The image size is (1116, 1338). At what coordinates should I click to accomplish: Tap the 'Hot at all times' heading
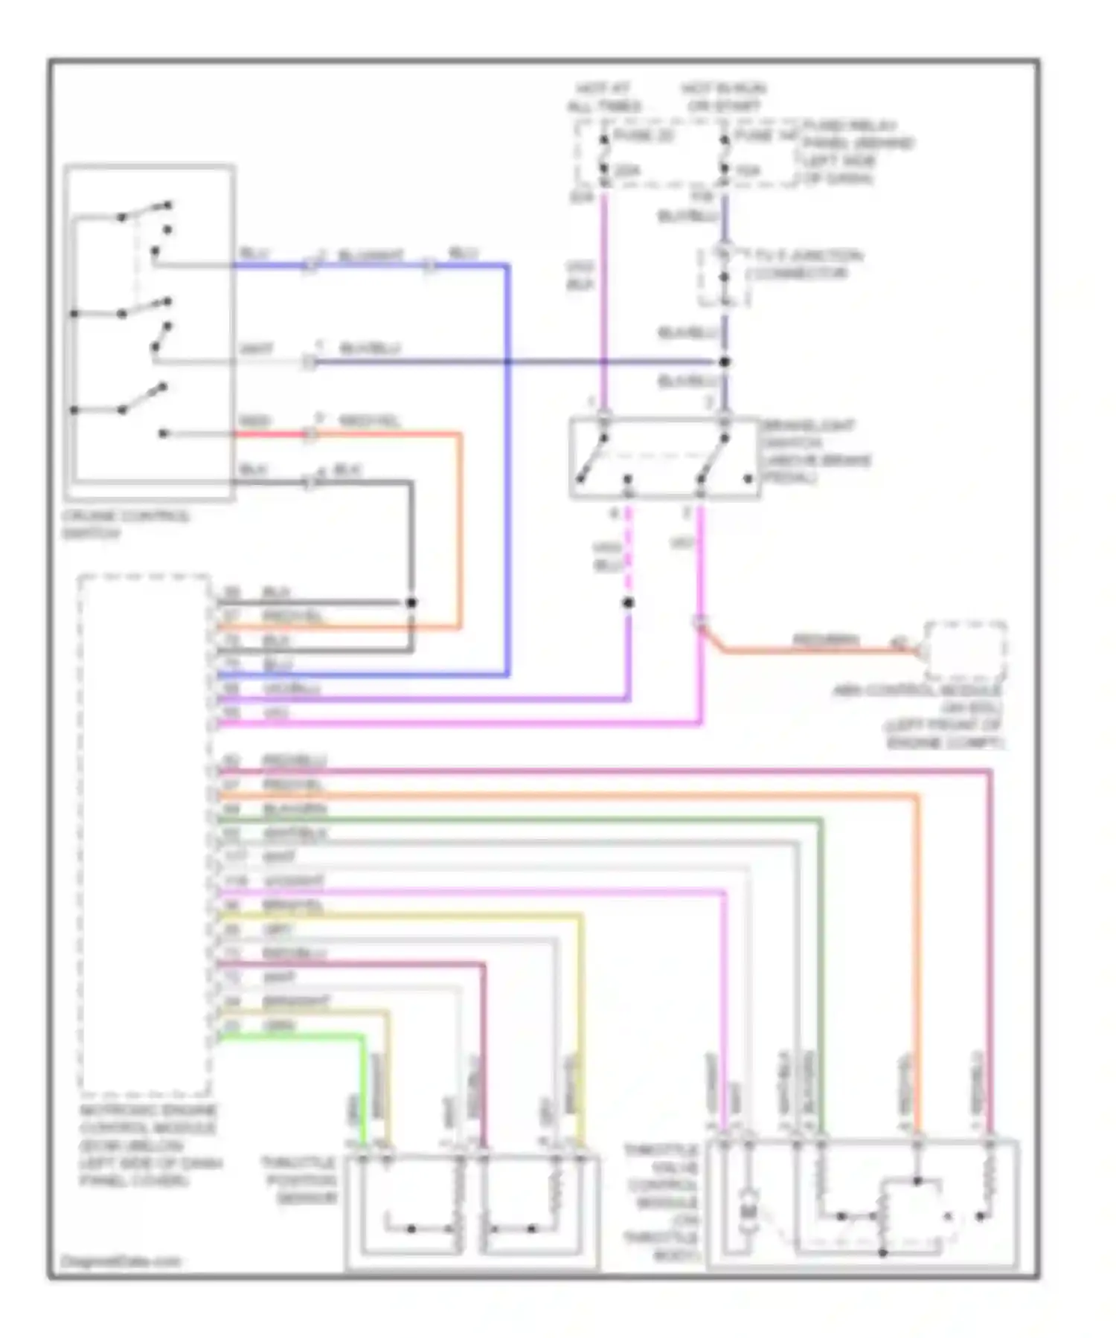coord(603,97)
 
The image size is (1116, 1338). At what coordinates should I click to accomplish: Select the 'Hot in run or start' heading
coord(723,97)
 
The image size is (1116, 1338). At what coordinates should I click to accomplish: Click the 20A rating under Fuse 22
coord(627,171)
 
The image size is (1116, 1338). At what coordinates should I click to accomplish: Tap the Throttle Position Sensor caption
coord(298,1180)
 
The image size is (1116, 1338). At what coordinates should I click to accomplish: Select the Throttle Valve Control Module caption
coord(661,1203)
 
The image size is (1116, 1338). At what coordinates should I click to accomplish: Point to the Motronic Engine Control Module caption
coord(149,1145)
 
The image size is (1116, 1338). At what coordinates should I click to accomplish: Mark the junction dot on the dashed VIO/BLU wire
coord(629,602)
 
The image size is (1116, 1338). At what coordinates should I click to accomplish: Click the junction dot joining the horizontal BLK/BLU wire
coord(725,362)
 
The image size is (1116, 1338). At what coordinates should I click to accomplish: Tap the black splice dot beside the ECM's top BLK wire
coord(411,602)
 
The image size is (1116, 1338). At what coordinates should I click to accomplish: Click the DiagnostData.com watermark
coord(120,1261)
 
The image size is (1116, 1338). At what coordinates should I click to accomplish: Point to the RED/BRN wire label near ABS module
coord(825,640)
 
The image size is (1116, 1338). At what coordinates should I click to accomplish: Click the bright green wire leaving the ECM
coord(298,1036)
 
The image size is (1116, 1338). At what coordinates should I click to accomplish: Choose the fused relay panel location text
coord(857,152)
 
